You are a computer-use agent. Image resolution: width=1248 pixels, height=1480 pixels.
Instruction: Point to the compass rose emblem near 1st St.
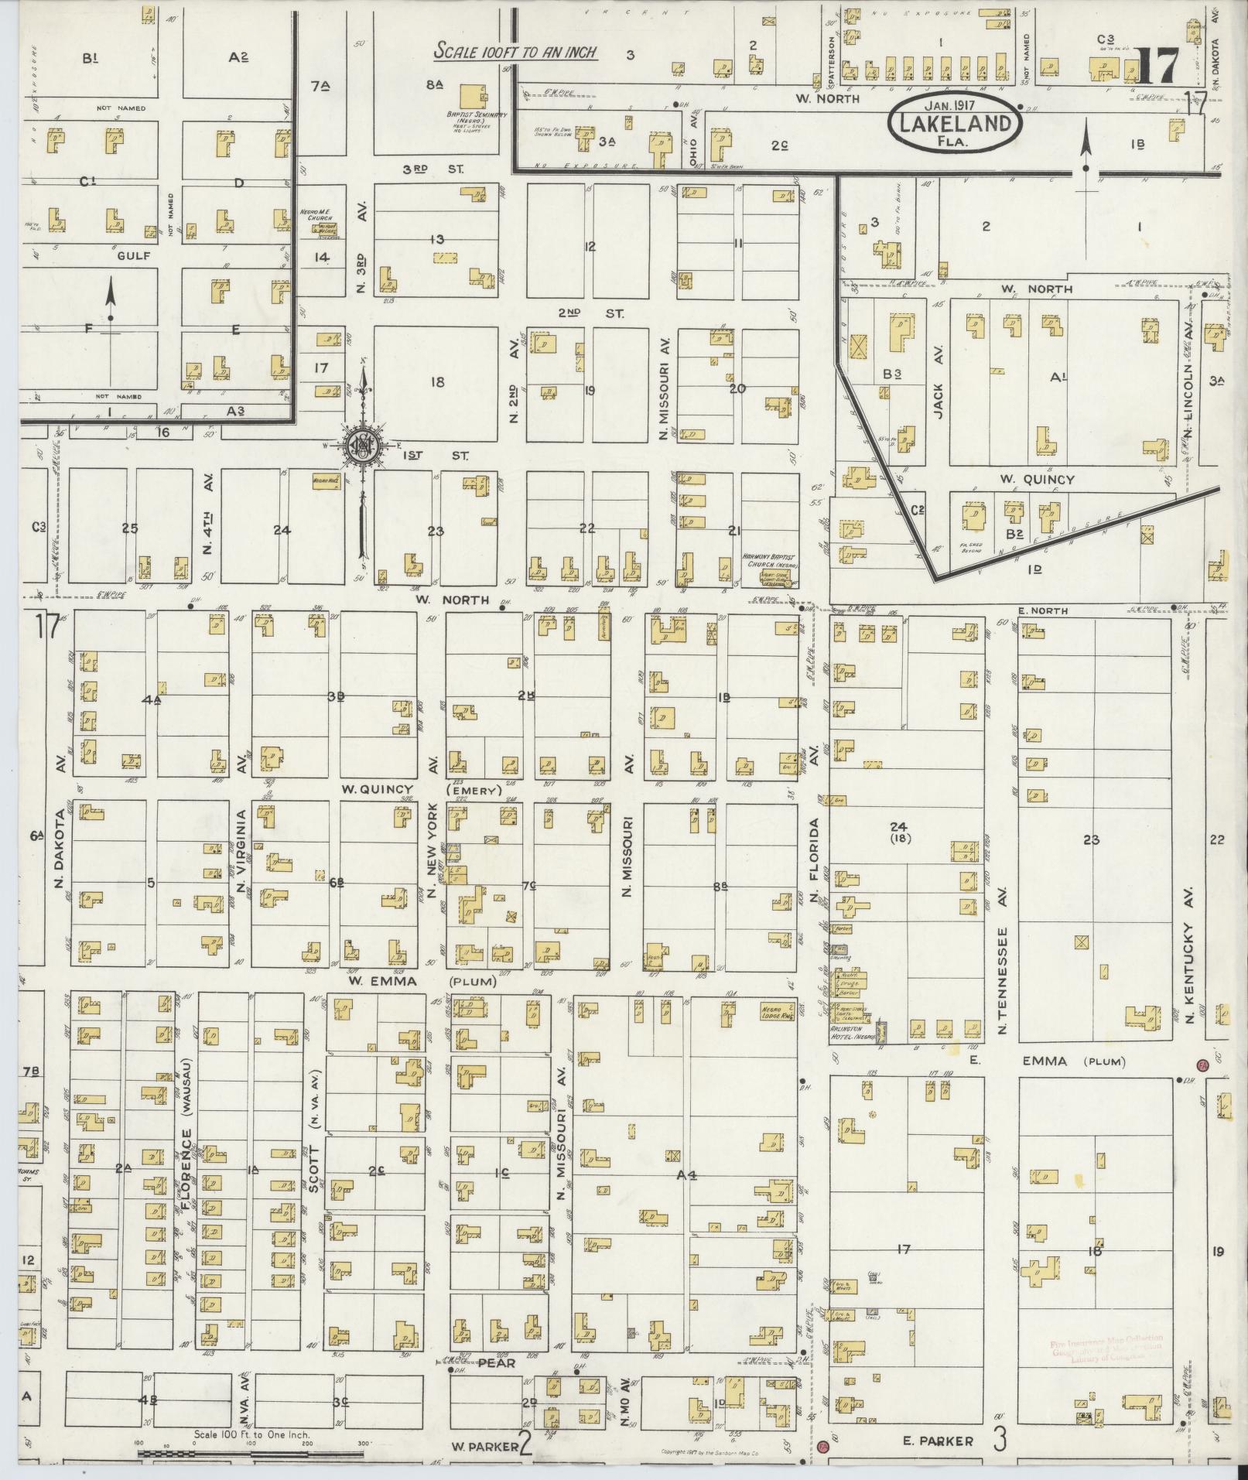click(x=361, y=446)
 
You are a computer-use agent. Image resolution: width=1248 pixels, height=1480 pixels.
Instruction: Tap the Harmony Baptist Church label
click(x=768, y=559)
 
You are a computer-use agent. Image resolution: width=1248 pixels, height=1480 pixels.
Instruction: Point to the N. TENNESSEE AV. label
click(x=1004, y=982)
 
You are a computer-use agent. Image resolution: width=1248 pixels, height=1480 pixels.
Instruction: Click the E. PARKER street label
click(x=937, y=1441)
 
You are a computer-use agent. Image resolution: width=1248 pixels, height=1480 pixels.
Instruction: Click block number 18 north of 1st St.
click(x=437, y=382)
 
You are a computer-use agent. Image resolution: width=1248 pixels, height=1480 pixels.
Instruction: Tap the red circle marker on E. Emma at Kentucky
click(x=1202, y=1065)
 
